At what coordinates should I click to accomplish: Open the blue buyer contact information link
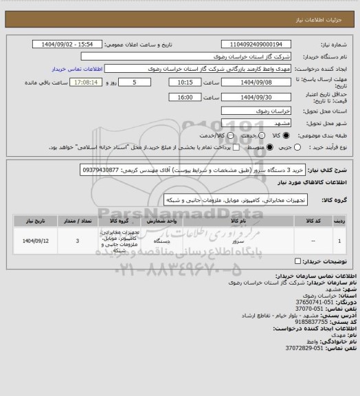click(x=78, y=69)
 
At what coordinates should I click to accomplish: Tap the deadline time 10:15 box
click(x=185, y=82)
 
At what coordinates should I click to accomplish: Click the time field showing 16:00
click(x=185, y=97)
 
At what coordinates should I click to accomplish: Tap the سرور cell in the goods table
click(x=236, y=242)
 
